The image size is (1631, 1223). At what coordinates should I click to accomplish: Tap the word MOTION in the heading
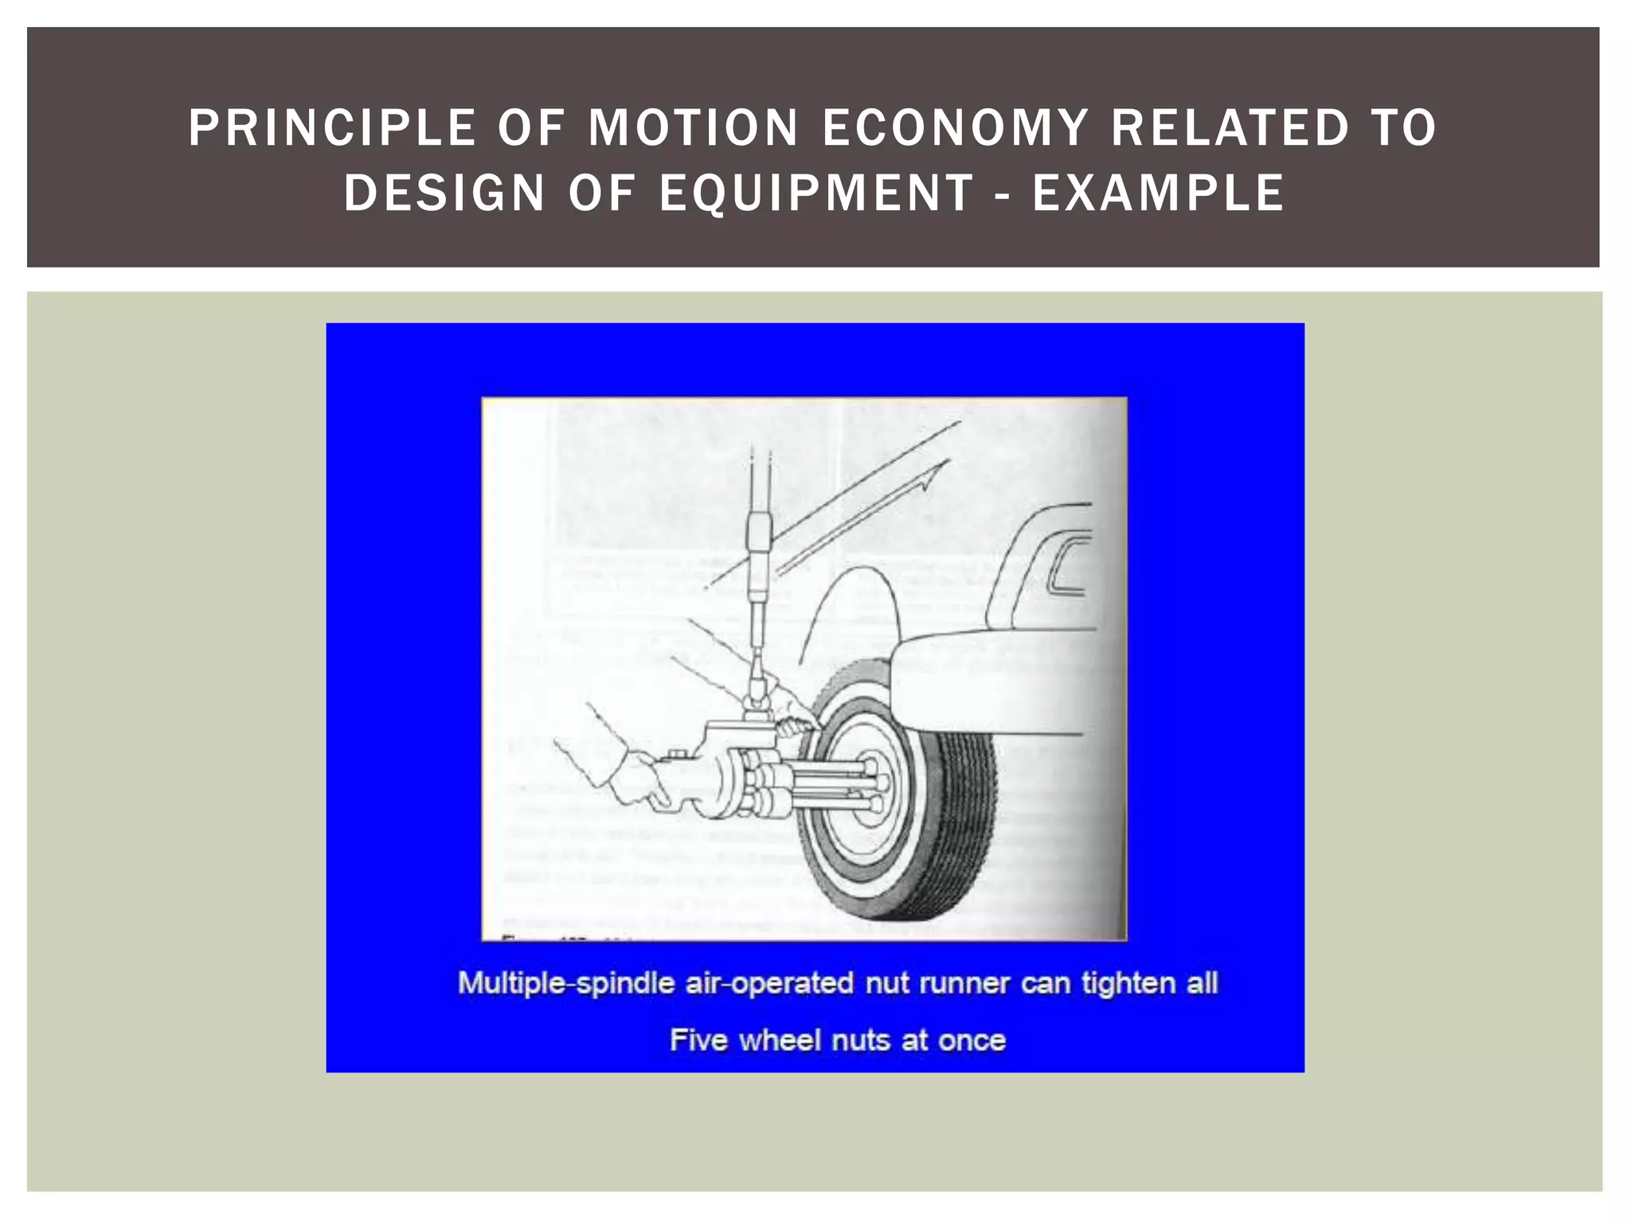coord(693,128)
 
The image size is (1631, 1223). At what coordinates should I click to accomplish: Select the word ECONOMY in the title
coord(955,128)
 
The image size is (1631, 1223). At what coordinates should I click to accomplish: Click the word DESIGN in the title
coord(444,193)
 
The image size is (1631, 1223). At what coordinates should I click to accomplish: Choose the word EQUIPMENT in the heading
coord(816,193)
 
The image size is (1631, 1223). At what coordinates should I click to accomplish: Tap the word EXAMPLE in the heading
coord(1159,193)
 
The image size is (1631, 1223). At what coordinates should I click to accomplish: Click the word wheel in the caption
coord(780,1041)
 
